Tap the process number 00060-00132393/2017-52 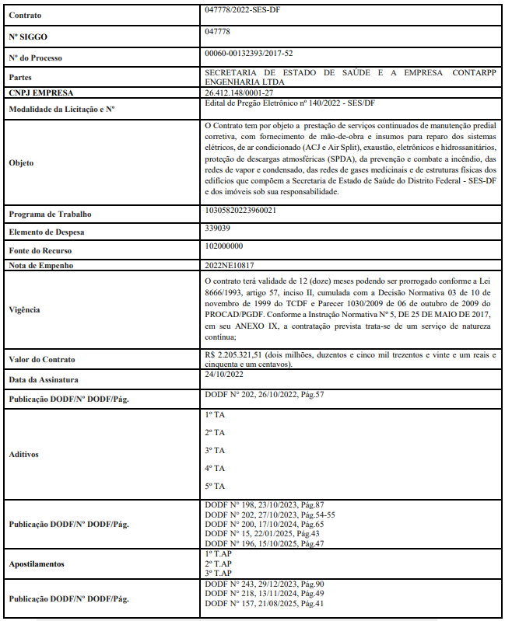(x=248, y=54)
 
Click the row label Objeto (x=21, y=163)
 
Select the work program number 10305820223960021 (x=241, y=211)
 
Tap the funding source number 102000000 (x=223, y=246)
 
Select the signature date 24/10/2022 (x=223, y=375)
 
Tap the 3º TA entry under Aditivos (x=215, y=451)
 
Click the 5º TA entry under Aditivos (x=215, y=487)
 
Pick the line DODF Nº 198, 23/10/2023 (x=264, y=505)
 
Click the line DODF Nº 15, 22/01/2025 (x=261, y=533)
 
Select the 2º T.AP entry (x=218, y=563)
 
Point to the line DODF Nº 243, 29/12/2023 (x=264, y=584)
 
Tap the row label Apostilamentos (x=38, y=563)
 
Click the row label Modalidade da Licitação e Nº (x=61, y=110)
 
